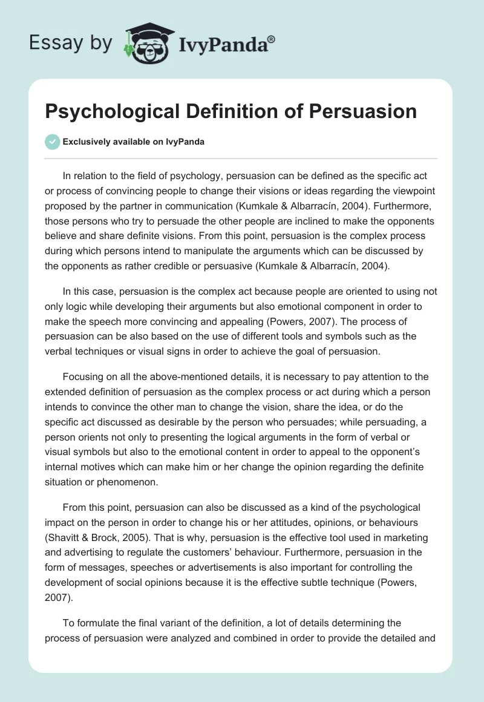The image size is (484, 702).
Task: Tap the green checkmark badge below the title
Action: tap(52, 142)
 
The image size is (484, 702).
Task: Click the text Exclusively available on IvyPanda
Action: tap(133, 142)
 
